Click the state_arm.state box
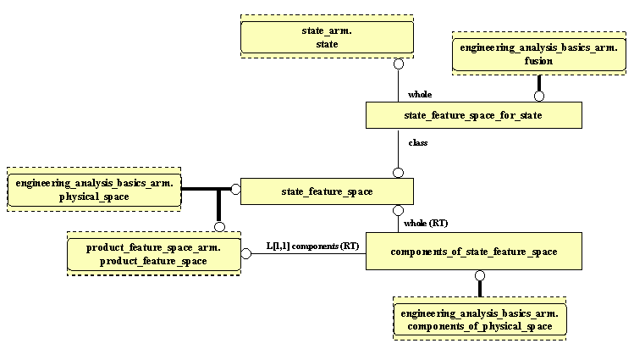click(x=327, y=37)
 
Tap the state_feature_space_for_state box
click(x=473, y=115)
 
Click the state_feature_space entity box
click(x=327, y=191)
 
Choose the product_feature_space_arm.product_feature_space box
click(x=153, y=254)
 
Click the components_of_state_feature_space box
click(x=473, y=252)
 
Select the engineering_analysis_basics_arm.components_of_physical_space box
click(x=480, y=319)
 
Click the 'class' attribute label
click(x=418, y=142)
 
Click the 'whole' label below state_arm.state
click(x=420, y=95)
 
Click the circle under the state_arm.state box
click(x=397, y=63)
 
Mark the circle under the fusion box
click(x=538, y=96)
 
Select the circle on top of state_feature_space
click(x=397, y=172)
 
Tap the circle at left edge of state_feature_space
click(x=235, y=189)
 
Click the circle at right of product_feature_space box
click(x=245, y=253)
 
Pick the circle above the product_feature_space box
click(x=219, y=226)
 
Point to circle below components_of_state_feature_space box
click(x=480, y=275)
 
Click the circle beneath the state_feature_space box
click(x=397, y=212)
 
